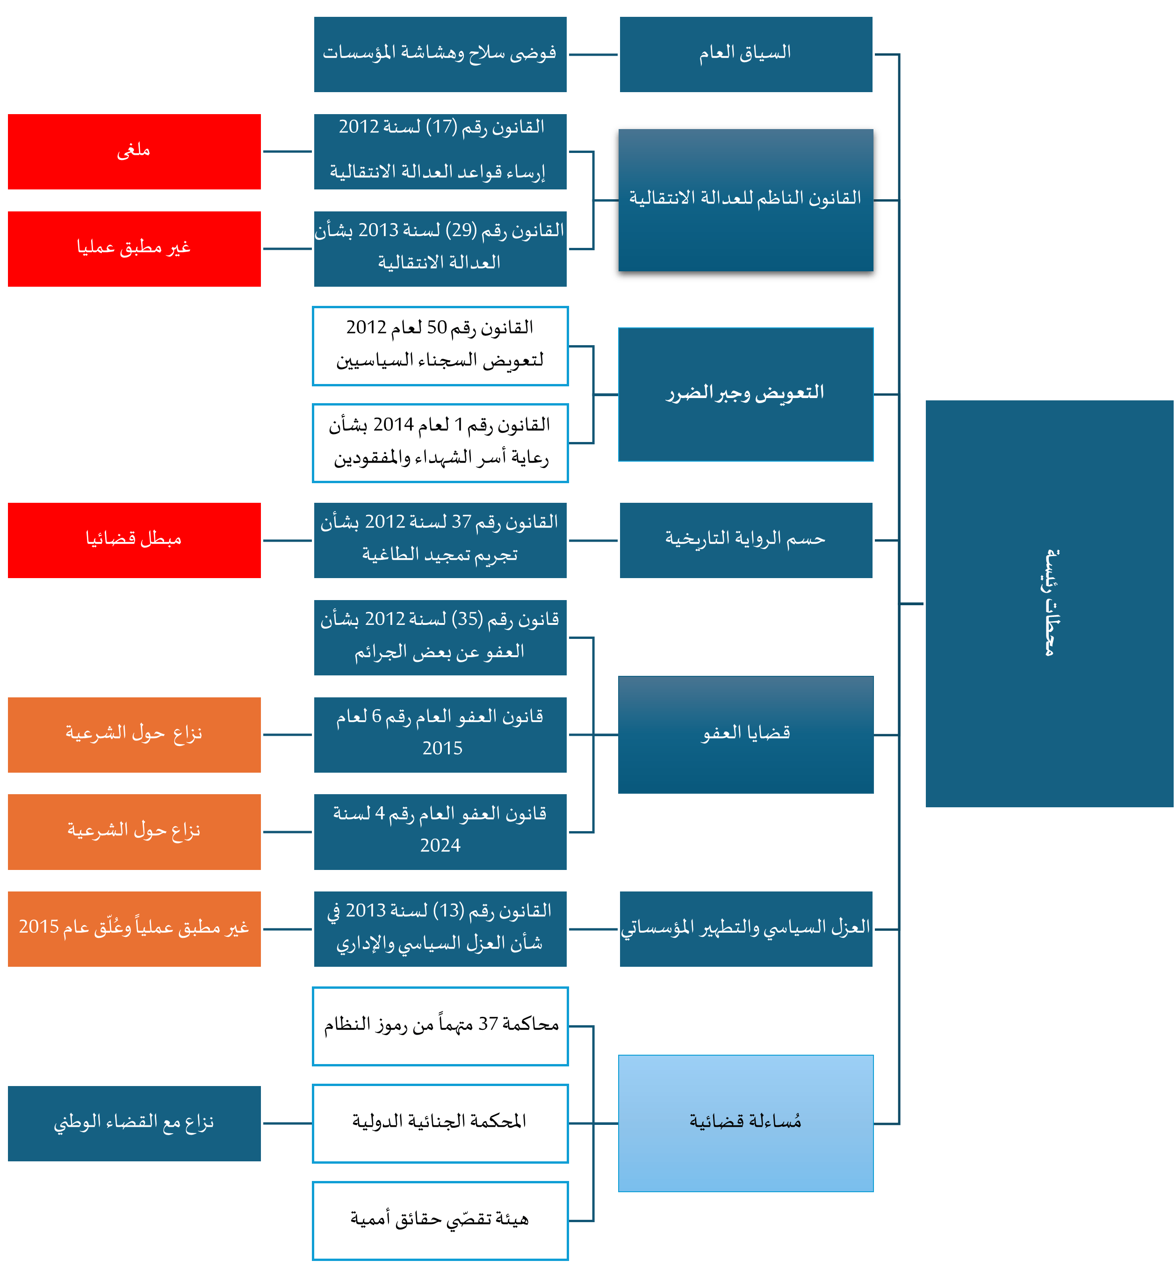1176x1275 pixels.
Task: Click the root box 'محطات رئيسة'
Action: [1049, 603]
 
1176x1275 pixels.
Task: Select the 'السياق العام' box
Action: [746, 54]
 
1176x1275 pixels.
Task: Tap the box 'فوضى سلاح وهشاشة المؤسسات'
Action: [440, 54]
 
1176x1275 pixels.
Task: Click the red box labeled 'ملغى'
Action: [134, 152]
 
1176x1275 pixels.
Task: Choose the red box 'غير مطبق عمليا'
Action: [134, 249]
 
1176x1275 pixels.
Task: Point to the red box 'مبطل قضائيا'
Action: [134, 540]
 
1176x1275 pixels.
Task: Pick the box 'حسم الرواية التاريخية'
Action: [746, 540]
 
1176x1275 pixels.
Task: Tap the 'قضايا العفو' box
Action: [746, 735]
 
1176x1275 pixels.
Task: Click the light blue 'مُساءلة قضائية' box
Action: [746, 1123]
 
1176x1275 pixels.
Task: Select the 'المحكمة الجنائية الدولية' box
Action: [440, 1123]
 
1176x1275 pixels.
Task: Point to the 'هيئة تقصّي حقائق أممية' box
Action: [440, 1221]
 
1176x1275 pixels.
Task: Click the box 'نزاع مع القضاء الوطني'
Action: [134, 1123]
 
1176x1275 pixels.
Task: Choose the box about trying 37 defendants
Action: [440, 1026]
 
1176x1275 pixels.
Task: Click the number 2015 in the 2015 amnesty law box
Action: [442, 748]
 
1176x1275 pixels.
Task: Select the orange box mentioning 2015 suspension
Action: [134, 929]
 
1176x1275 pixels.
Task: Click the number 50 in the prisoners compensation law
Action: [437, 327]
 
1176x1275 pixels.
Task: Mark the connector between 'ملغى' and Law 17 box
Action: [288, 152]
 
